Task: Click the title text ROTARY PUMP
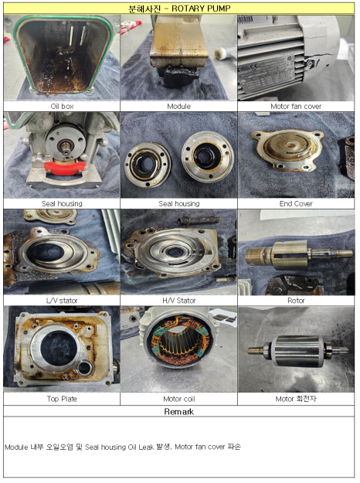(x=201, y=9)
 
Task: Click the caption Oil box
(x=62, y=107)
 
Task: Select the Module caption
(x=179, y=107)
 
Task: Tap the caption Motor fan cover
(x=296, y=107)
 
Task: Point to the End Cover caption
(x=296, y=203)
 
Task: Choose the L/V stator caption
(x=62, y=301)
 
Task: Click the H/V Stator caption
(x=179, y=301)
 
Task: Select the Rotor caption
(x=296, y=301)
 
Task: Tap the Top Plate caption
(x=62, y=399)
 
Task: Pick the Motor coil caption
(x=179, y=399)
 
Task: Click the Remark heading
(x=179, y=412)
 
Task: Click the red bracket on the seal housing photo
(x=64, y=168)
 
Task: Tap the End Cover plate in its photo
(x=287, y=150)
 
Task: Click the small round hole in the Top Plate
(x=83, y=368)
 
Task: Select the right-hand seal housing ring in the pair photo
(x=207, y=156)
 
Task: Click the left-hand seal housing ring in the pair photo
(x=148, y=165)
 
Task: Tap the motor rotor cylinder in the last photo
(x=297, y=351)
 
